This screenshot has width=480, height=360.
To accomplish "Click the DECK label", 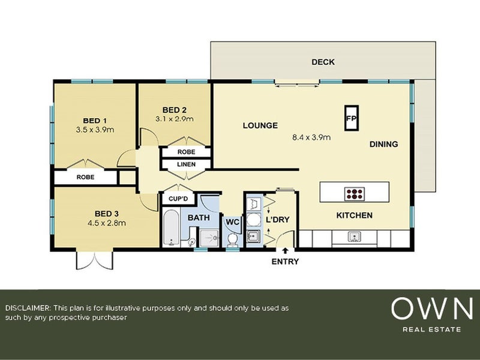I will click(323, 62).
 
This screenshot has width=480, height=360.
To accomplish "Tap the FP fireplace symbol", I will click(351, 118).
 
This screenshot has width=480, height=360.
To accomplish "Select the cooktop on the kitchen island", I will click(355, 193).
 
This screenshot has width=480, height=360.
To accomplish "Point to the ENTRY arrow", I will click(285, 250).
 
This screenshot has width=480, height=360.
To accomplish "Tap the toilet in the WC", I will click(232, 239).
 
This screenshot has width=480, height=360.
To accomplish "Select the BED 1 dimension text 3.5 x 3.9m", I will click(95, 129).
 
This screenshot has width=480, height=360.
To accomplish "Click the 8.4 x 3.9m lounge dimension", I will click(311, 137).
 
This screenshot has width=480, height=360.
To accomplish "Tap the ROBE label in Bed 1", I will click(85, 178).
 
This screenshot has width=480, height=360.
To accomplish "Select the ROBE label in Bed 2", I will click(186, 152).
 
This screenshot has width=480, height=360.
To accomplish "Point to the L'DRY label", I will click(278, 220).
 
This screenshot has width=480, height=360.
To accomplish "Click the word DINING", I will click(383, 144).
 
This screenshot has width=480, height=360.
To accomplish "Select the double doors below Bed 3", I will click(94, 260).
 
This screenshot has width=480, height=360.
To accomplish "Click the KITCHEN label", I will click(354, 215).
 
